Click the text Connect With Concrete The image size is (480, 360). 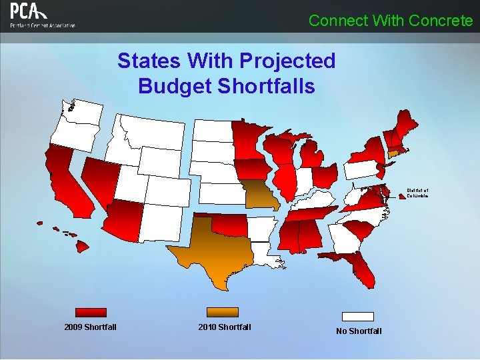pos(390,21)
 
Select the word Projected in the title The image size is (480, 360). pos(280,61)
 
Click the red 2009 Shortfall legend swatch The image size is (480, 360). pos(91,312)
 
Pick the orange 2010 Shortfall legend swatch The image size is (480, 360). pos(223,312)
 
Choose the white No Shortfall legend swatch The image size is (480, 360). pos(358,317)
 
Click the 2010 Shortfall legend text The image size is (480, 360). pos(225,327)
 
